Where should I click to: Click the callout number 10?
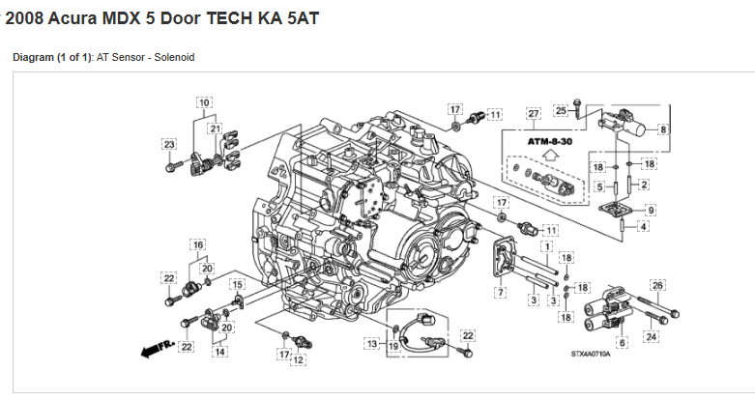click(x=204, y=102)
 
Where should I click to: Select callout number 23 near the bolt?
click(x=169, y=144)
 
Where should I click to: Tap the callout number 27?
click(x=534, y=114)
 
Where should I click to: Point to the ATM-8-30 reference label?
click(x=550, y=141)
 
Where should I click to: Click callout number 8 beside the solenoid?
click(x=663, y=129)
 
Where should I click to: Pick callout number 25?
click(x=561, y=111)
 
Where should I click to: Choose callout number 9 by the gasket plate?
click(x=651, y=210)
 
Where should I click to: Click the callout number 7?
click(x=501, y=292)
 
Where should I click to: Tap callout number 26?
click(x=657, y=285)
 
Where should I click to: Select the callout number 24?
click(x=652, y=336)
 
